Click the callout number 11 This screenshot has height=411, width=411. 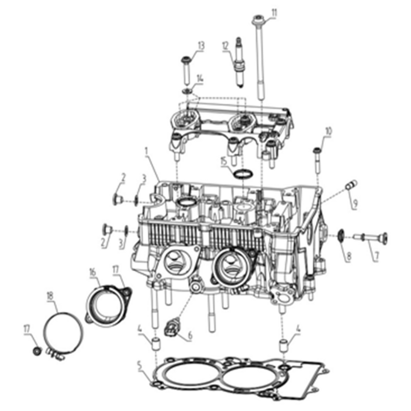pos(274,12)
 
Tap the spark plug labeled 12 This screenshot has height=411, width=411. pos(239,63)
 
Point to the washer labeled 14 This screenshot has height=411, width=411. pos(188,91)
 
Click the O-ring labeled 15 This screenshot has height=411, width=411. pos(243,174)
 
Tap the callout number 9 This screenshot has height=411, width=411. pos(355,202)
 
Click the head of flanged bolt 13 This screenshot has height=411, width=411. pos(187,60)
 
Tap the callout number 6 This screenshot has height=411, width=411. pos(190,336)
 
